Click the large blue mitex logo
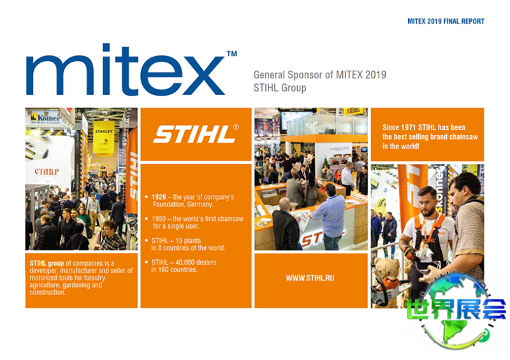(126, 69)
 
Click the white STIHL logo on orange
(194, 134)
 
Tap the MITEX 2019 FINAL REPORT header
(446, 22)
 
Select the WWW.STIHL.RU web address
(310, 278)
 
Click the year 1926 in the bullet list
(159, 197)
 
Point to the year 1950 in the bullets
(159, 219)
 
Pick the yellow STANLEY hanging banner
(104, 137)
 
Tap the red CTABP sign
(47, 171)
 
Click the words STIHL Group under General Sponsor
(280, 88)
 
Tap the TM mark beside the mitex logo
(231, 54)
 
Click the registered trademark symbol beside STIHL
(236, 127)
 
